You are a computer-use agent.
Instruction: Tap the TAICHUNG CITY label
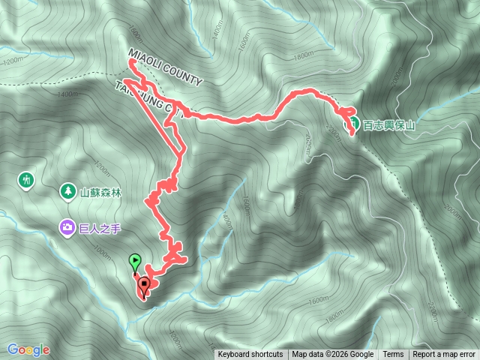[149, 97]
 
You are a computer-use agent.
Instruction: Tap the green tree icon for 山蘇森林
[68, 191]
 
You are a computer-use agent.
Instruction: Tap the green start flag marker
[134, 262]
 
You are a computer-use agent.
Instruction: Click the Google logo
[28, 349]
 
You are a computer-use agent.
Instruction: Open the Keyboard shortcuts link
[250, 355]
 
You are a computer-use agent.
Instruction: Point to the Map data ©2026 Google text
[333, 355]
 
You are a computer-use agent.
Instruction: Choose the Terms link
[393, 355]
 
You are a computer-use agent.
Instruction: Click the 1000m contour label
[106, 254]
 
